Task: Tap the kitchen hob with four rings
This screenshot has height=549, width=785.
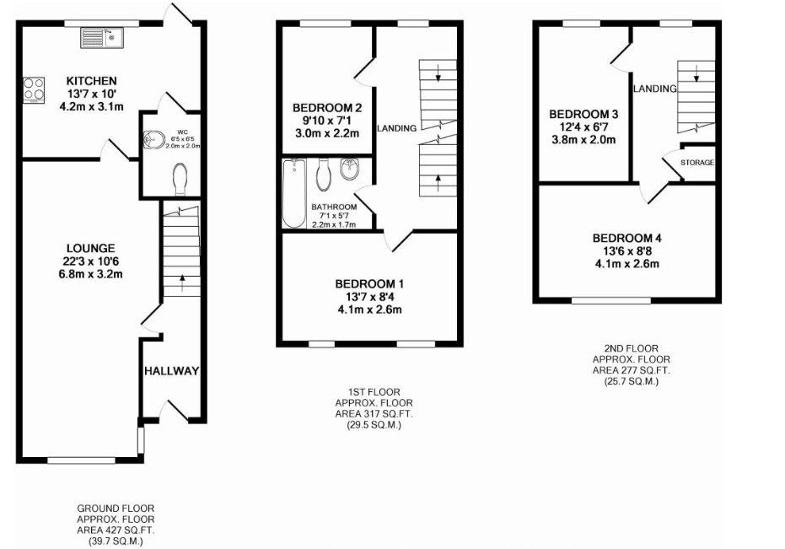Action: [x=34, y=90]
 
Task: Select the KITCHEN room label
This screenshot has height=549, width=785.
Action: [x=92, y=81]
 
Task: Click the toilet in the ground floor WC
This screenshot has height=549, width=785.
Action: [x=179, y=180]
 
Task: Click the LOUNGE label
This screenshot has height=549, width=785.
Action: [x=91, y=249]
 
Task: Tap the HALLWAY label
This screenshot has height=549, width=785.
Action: [x=171, y=371]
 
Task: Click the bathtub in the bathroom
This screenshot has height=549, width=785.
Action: [x=293, y=192]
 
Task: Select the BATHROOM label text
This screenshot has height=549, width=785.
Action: [x=334, y=207]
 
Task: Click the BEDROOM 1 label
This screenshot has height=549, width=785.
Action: [x=369, y=283]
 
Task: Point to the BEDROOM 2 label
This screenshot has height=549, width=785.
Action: [x=327, y=108]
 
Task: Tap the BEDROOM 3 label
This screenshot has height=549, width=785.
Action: [x=583, y=114]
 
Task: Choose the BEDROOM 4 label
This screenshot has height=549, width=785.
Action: [x=626, y=238]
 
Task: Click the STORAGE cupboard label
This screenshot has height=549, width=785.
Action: [x=697, y=162]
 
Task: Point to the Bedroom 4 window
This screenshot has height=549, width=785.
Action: [x=611, y=299]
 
